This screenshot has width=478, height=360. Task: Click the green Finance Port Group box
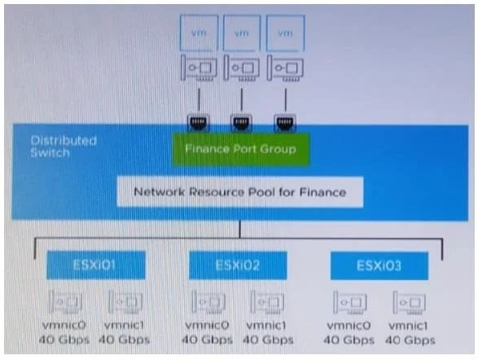241,149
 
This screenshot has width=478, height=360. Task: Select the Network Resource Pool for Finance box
240,192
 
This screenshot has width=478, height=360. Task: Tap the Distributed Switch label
64,147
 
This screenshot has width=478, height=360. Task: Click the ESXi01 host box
96,265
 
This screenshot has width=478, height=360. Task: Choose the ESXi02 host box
238,266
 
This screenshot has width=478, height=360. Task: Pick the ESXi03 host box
379,266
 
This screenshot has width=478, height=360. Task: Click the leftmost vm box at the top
199,33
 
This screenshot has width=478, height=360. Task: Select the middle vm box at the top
242,33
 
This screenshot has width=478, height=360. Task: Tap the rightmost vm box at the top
285,33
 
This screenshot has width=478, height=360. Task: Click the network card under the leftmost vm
199,68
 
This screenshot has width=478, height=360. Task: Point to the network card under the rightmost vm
285,68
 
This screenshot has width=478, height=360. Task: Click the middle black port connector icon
241,123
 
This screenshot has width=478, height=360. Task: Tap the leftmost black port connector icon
198,123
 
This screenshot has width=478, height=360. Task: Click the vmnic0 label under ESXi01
64,325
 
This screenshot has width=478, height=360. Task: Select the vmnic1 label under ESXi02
266,326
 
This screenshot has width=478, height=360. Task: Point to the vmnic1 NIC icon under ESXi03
409,302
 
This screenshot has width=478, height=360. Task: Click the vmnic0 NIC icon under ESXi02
208,302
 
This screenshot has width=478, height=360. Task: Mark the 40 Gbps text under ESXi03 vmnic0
349,340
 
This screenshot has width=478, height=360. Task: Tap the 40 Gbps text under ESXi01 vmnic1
125,340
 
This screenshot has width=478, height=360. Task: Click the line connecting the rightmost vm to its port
286,99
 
